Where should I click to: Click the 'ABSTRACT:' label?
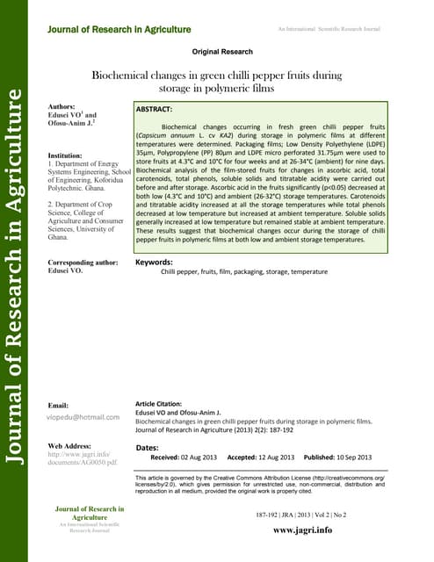point(154,112)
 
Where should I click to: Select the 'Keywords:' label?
point(154,262)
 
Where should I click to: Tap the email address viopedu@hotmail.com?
point(83,416)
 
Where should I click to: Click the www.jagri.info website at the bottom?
point(302,530)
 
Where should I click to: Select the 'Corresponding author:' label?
point(82,262)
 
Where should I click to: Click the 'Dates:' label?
point(148,448)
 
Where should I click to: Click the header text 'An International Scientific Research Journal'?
point(329,30)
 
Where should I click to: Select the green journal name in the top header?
point(119,30)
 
